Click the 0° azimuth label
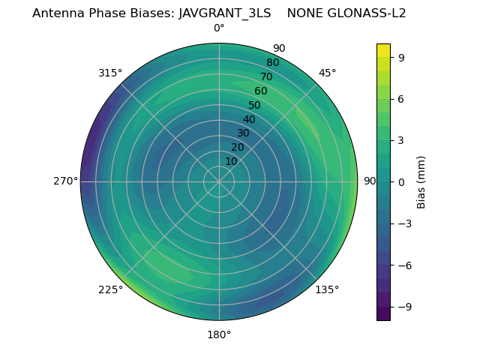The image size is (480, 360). click(x=219, y=28)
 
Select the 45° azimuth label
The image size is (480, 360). click(x=327, y=73)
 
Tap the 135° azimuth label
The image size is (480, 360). click(x=327, y=289)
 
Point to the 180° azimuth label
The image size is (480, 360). click(x=219, y=334)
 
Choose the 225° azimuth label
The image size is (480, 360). click(x=110, y=289)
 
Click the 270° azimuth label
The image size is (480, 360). click(x=66, y=181)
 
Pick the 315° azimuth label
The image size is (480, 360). click(x=110, y=73)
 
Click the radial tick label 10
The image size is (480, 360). click(x=231, y=161)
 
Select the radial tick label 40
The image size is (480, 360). click(x=249, y=119)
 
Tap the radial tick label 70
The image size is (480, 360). click(x=266, y=76)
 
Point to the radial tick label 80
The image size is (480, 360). click(x=272, y=63)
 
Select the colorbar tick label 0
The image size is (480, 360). click(x=401, y=181)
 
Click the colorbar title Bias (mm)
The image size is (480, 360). click(x=421, y=181)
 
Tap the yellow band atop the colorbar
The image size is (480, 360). click(x=383, y=50)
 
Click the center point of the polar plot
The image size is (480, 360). click(x=219, y=181)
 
